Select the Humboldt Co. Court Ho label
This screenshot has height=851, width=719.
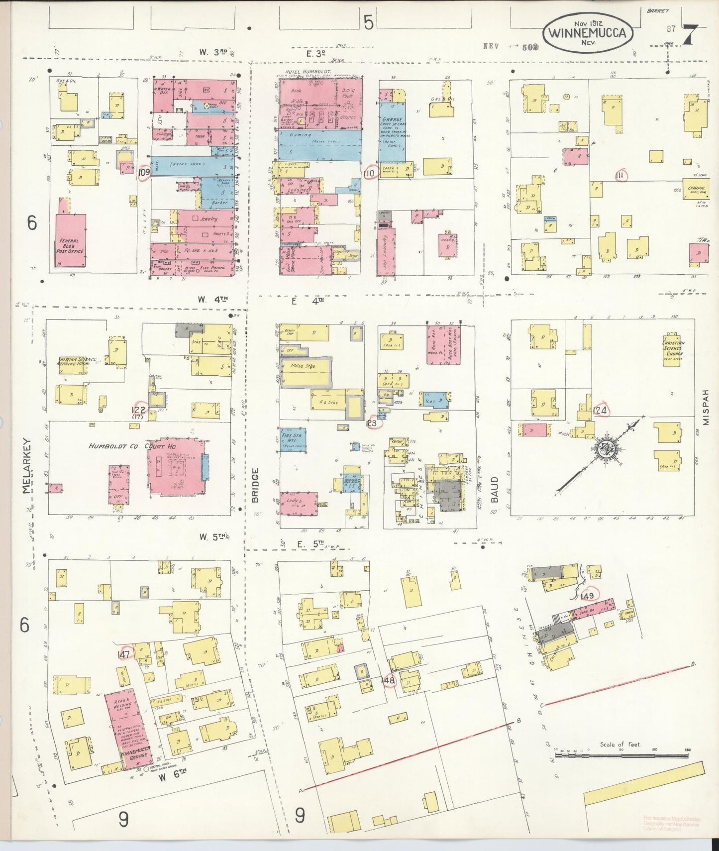click(119, 446)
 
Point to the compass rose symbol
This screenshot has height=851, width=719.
click(608, 449)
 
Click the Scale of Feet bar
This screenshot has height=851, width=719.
click(620, 755)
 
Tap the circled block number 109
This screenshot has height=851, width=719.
click(145, 173)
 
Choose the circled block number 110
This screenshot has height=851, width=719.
click(369, 173)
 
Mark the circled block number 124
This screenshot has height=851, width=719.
click(600, 411)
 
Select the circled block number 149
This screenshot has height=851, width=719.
click(588, 596)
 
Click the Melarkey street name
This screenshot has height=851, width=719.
click(27, 465)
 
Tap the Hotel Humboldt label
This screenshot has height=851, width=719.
click(302, 72)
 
